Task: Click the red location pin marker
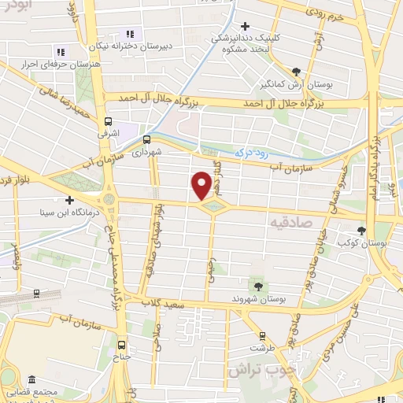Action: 201,185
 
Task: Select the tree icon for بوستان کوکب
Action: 361,231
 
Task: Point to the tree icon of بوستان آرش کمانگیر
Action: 295,70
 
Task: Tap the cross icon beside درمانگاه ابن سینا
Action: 69,199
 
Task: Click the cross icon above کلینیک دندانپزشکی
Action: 246,25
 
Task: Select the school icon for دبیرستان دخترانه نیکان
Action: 129,34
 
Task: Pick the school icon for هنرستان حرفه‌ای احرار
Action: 61,52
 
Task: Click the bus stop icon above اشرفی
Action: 109,121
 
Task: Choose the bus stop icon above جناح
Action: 120,343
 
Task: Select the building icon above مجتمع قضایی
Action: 31,380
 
